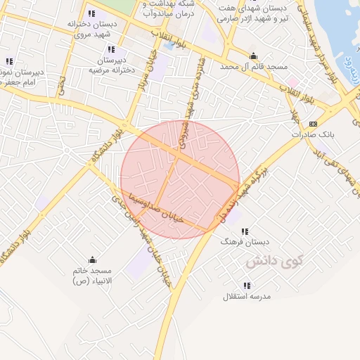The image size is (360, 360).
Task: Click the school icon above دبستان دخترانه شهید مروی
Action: (x=91, y=13)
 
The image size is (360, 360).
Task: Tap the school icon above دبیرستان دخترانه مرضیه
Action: (x=111, y=50)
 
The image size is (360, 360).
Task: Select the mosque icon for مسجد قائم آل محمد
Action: (x=254, y=56)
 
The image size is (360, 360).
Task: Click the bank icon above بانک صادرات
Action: (x=313, y=124)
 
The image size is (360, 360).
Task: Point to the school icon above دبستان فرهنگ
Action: (x=245, y=231)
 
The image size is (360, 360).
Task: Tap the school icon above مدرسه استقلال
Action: (x=247, y=285)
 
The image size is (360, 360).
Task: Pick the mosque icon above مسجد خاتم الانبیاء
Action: (x=92, y=260)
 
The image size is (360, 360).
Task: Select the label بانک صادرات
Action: (x=314, y=134)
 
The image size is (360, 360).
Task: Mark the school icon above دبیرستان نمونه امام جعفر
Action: (x=9, y=62)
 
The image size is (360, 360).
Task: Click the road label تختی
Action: (x=61, y=87)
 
